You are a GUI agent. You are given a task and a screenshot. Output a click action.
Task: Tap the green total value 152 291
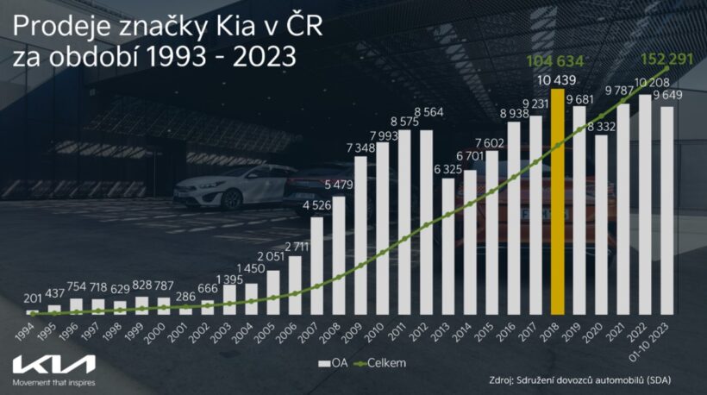(668, 60)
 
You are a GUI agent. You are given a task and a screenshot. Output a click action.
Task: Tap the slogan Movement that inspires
(53, 381)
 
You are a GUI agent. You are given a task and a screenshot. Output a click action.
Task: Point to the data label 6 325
(449, 168)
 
